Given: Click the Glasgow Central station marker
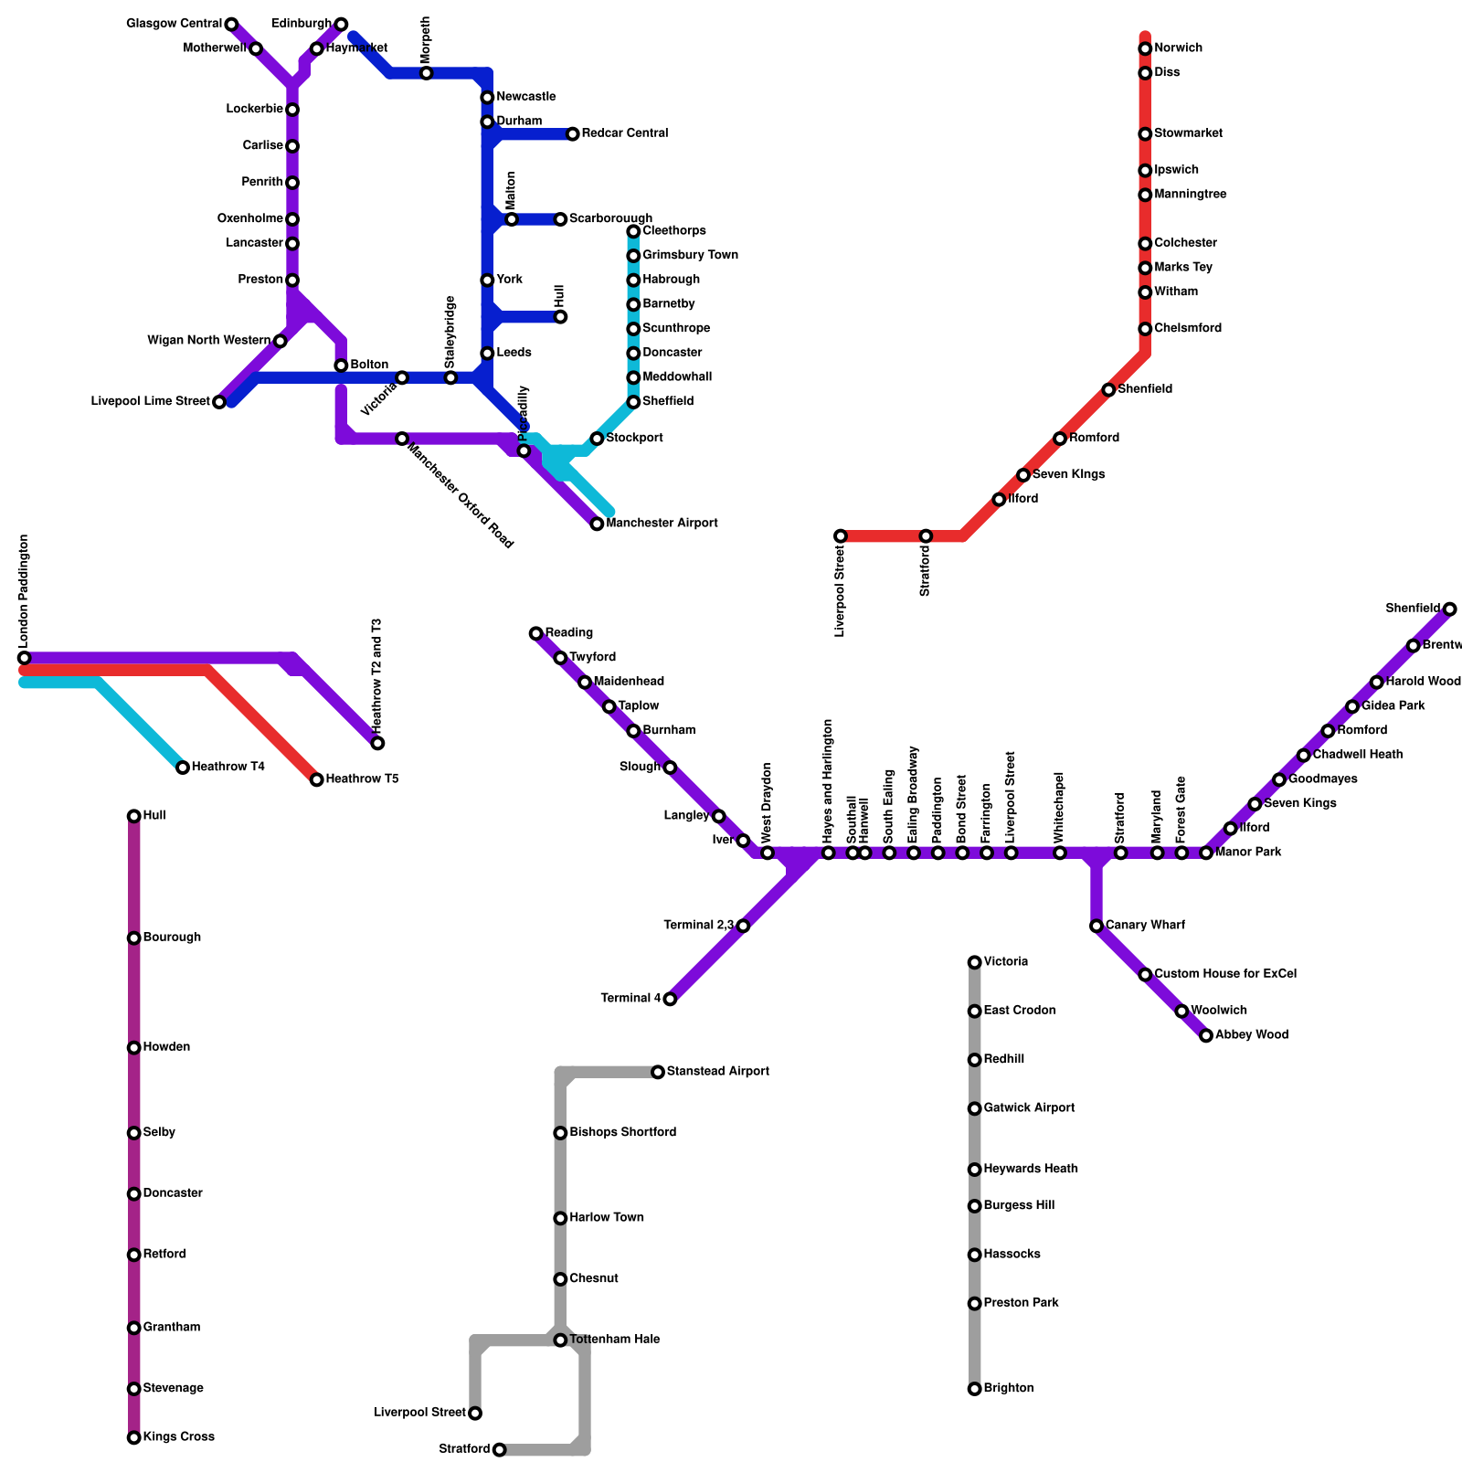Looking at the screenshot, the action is click(x=231, y=24).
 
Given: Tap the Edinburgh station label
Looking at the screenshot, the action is click(x=302, y=24).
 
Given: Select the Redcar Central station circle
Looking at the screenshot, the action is click(x=573, y=134).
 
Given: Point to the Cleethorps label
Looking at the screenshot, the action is click(x=674, y=231).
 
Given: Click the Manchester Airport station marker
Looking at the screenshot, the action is click(x=597, y=524).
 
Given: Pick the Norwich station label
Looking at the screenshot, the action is click(x=1178, y=48).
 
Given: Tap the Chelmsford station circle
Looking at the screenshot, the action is click(x=1145, y=329).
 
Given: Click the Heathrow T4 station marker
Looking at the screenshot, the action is click(x=183, y=768).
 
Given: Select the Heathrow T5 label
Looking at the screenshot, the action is click(x=362, y=779).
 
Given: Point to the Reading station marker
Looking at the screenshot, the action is click(x=536, y=633).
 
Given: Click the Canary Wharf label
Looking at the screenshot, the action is click(x=1145, y=926).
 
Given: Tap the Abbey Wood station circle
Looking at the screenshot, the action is click(x=1206, y=1035).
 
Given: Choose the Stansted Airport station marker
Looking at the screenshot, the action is click(x=658, y=1072).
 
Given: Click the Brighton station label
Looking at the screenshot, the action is click(x=1009, y=1389).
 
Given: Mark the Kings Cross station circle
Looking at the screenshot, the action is click(x=134, y=1437).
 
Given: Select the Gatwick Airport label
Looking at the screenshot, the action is click(x=1029, y=1108).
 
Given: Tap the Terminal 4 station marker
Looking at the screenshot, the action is click(x=670, y=999).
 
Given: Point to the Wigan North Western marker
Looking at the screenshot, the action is click(x=281, y=341).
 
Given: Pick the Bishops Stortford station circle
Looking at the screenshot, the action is click(x=560, y=1133).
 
